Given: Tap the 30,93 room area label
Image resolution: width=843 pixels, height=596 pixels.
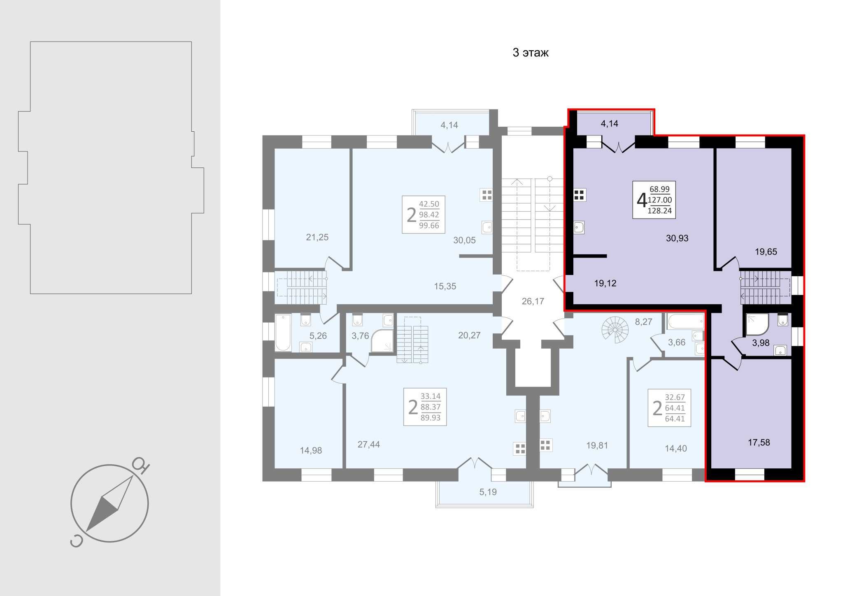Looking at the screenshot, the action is (x=677, y=238).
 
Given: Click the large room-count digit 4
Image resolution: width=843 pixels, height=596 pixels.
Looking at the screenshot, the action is (x=641, y=200).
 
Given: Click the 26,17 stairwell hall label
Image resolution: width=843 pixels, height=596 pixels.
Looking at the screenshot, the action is (x=533, y=301).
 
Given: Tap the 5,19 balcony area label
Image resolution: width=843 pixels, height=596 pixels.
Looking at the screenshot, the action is (x=488, y=492).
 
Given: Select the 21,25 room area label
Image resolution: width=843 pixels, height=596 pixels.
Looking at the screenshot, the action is (x=317, y=237).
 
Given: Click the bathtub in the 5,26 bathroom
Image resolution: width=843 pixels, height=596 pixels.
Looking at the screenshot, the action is (x=283, y=333).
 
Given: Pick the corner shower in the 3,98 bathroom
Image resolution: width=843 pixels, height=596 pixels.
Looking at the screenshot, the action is (x=757, y=324).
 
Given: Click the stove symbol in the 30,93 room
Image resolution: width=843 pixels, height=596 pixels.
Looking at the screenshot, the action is (x=580, y=195).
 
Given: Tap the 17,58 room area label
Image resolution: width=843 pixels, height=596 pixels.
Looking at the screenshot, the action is (x=759, y=442).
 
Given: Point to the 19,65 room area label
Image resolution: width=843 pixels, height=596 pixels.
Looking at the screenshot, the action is (x=766, y=252).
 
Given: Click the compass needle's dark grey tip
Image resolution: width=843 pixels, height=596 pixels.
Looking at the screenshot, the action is (x=87, y=531).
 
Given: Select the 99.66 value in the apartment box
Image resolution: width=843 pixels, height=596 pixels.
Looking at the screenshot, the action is (x=429, y=226).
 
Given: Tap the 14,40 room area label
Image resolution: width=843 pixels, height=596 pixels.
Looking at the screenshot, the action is (x=676, y=449).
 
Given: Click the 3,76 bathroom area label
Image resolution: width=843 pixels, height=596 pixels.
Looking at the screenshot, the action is (x=360, y=335).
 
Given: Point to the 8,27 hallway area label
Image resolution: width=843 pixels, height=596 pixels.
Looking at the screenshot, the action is (x=643, y=322).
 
